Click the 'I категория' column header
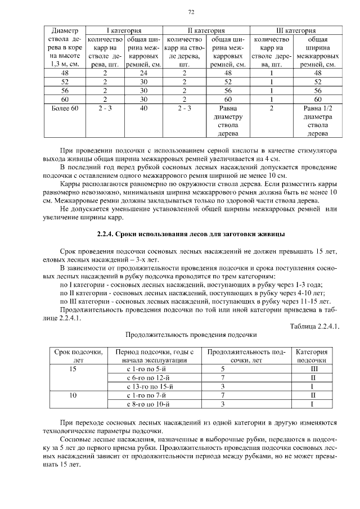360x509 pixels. [123, 30]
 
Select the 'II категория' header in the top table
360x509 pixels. [206, 30]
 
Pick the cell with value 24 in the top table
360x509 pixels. [143, 73]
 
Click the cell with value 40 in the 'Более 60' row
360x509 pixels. [143, 107]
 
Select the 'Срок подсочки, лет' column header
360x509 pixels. [78, 355]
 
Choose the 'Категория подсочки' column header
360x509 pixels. [312, 355]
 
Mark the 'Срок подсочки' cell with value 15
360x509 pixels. [73, 369]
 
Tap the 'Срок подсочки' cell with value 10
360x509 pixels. [73, 395]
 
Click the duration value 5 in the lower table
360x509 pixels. [223, 369]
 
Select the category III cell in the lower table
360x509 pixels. [312, 369]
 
